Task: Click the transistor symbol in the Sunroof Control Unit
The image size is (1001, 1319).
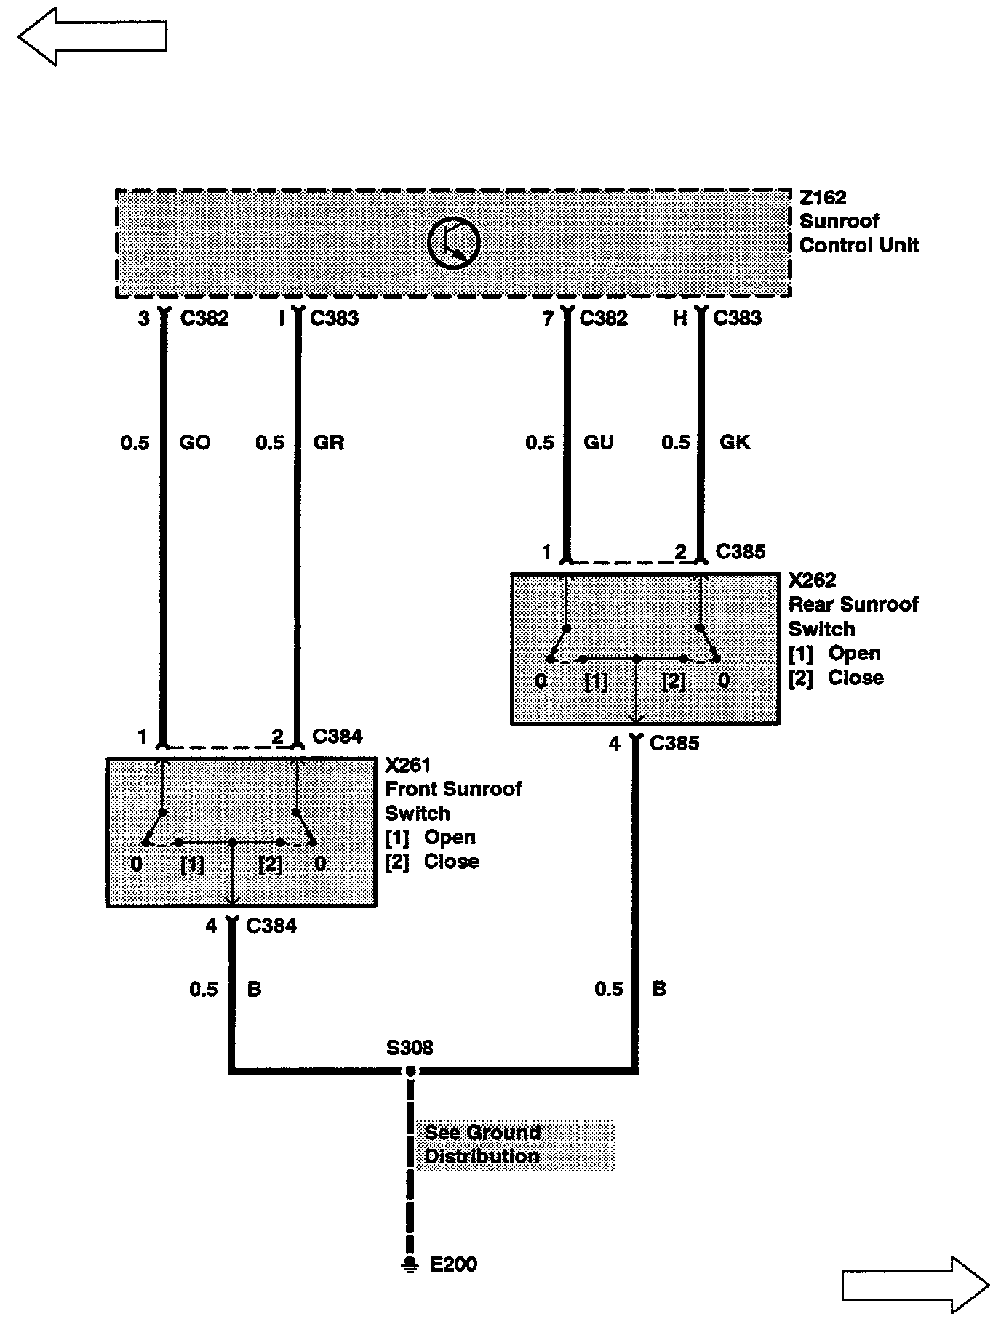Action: [453, 243]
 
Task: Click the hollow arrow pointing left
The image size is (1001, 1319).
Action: [92, 36]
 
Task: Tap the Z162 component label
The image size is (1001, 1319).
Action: [823, 197]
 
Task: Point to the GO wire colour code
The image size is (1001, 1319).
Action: [194, 442]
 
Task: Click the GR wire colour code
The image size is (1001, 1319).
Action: [329, 442]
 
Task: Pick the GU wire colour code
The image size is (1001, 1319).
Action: [598, 442]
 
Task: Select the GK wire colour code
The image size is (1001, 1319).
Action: [734, 442]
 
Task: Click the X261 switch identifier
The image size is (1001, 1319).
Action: [407, 765]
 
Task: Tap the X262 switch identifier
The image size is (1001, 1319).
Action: [812, 580]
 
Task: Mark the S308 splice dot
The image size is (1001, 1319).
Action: [411, 1071]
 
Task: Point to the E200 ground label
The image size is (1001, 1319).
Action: [454, 1264]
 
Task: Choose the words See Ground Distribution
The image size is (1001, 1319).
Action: [482, 1144]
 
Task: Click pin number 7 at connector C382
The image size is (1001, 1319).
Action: [548, 318]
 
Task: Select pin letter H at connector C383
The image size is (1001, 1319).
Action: [679, 318]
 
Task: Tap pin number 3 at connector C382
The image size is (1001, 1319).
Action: [144, 318]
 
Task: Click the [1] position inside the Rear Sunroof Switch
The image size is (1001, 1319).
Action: [596, 681]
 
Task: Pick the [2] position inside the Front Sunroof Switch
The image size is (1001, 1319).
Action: [271, 865]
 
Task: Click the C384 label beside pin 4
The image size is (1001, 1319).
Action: [271, 926]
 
